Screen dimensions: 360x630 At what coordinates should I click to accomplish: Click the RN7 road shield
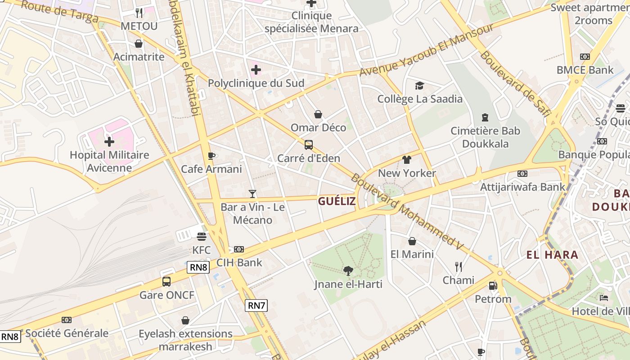pyautogui.click(x=256, y=306)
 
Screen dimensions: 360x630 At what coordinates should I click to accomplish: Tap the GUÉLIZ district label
pyautogui.click(x=337, y=201)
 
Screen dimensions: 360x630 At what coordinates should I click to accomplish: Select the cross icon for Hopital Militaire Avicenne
pyautogui.click(x=109, y=142)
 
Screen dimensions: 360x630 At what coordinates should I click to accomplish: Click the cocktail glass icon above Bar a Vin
pyautogui.click(x=252, y=194)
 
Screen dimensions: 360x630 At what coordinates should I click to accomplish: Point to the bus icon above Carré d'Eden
pyautogui.click(x=308, y=145)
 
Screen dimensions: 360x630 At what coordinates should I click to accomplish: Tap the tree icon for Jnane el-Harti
pyautogui.click(x=348, y=270)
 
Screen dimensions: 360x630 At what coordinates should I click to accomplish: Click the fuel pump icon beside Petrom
pyautogui.click(x=493, y=286)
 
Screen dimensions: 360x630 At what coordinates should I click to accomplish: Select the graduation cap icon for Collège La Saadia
pyautogui.click(x=419, y=85)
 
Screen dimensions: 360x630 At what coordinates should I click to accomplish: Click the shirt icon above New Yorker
pyautogui.click(x=407, y=159)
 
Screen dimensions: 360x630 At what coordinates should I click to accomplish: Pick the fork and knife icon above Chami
pyautogui.click(x=458, y=267)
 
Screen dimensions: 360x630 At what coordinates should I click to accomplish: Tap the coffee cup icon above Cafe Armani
pyautogui.click(x=211, y=156)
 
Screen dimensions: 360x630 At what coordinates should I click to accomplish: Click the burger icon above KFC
pyautogui.click(x=201, y=236)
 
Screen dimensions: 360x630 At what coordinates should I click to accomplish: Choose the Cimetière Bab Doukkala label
pyautogui.click(x=486, y=137)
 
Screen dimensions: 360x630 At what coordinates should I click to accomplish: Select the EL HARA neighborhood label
pyautogui.click(x=552, y=255)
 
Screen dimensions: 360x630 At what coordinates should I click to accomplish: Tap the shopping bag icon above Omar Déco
pyautogui.click(x=318, y=114)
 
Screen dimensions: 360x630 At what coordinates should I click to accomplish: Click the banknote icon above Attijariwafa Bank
pyautogui.click(x=522, y=173)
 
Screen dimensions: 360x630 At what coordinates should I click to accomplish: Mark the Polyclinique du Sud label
pyautogui.click(x=256, y=83)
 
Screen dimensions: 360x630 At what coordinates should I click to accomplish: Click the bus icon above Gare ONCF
pyautogui.click(x=166, y=282)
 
